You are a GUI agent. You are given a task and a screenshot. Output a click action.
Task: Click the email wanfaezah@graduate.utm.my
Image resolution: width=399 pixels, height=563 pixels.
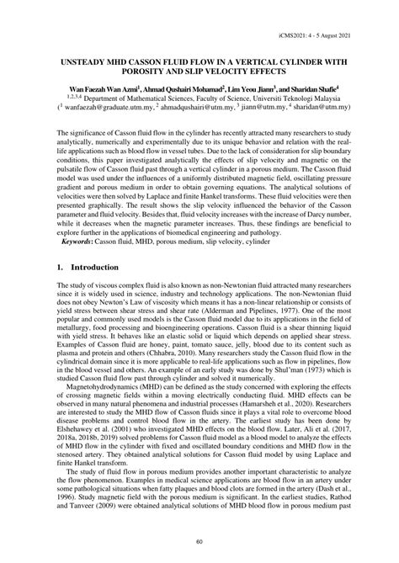109,108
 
